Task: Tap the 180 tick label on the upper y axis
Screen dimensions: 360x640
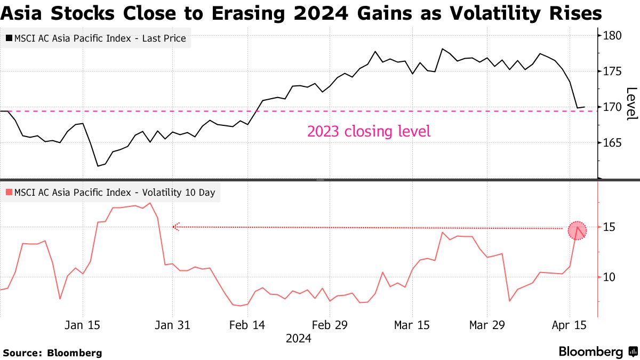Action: click(x=612, y=36)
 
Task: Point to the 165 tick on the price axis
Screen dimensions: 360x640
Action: click(x=612, y=143)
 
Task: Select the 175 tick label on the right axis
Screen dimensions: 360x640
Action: click(x=612, y=71)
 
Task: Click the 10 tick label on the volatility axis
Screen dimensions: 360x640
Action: click(x=610, y=277)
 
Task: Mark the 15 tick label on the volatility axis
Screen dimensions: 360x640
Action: click(x=610, y=228)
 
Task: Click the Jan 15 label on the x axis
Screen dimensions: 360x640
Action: click(x=83, y=325)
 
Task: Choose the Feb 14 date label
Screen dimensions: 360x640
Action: click(x=247, y=325)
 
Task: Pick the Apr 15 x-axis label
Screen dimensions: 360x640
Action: click(x=570, y=325)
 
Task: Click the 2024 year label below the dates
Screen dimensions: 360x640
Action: click(x=299, y=338)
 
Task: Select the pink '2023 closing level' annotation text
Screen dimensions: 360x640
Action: click(x=369, y=131)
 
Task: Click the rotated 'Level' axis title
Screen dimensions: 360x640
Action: click(x=631, y=103)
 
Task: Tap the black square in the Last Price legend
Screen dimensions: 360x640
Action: click(x=9, y=38)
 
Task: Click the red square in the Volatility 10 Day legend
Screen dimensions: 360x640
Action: click(x=9, y=193)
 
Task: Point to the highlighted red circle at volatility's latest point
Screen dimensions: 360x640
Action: click(x=577, y=230)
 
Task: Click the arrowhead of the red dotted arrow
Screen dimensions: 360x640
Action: click(x=175, y=227)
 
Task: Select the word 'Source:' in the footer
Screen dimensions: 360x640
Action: click(x=23, y=353)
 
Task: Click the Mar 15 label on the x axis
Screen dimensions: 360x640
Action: click(x=412, y=325)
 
